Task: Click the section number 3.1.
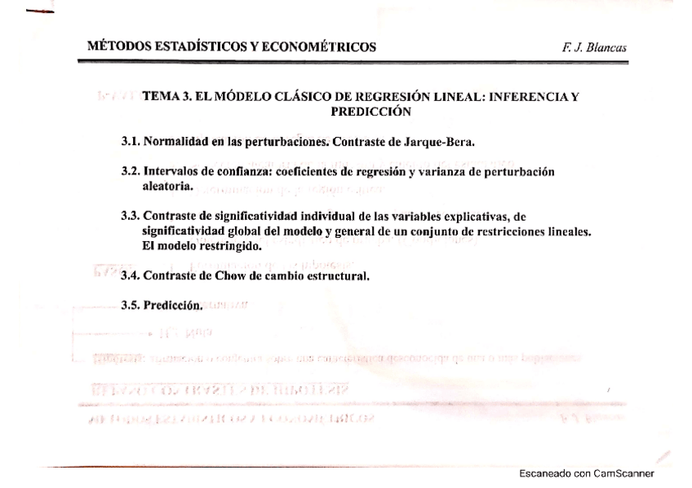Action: pyautogui.click(x=131, y=143)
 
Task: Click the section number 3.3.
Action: pyautogui.click(x=131, y=217)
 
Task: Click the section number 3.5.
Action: pyautogui.click(x=131, y=309)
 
